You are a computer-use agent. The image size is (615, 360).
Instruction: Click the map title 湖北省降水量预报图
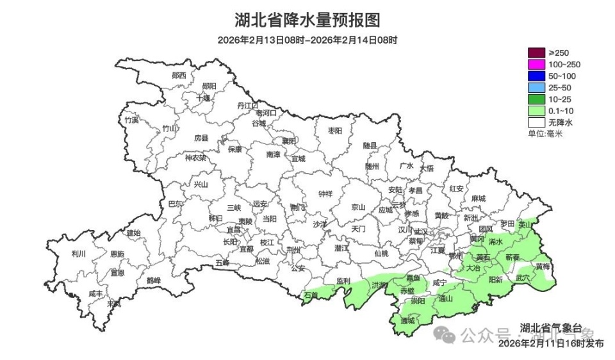307,20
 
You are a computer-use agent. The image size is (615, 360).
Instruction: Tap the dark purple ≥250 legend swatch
536,53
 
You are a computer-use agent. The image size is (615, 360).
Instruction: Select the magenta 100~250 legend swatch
536,64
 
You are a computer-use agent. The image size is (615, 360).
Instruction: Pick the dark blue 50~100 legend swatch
536,76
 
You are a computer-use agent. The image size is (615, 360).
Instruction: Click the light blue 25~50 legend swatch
536,87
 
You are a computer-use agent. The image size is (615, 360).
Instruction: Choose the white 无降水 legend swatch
536,122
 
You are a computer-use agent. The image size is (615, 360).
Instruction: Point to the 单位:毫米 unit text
545,133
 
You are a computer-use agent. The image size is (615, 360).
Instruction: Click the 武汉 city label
421,231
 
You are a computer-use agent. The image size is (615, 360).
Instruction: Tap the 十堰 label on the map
203,98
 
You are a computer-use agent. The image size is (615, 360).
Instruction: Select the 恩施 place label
117,254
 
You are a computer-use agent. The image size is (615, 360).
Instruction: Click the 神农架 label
195,158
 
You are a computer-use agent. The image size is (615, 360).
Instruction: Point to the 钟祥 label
325,194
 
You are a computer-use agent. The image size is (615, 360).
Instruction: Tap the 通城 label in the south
407,320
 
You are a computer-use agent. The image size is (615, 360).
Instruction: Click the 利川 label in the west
79,254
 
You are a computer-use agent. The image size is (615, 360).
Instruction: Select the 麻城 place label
477,199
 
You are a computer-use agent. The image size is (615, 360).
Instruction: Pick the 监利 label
343,281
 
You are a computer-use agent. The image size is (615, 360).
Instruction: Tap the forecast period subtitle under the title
307,40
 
